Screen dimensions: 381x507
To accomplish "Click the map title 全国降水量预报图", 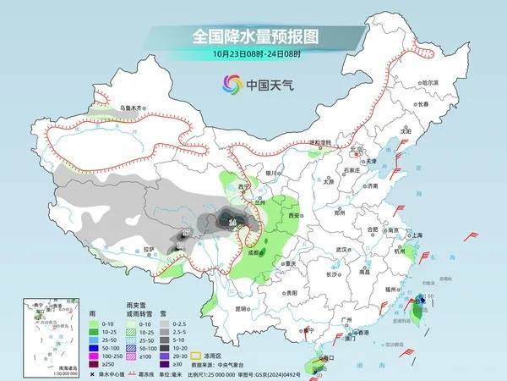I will pyautogui.click(x=253, y=37).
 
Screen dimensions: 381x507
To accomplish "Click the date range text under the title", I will pyautogui.click(x=253, y=53).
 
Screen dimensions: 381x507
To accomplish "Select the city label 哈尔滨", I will pyautogui.click(x=431, y=82).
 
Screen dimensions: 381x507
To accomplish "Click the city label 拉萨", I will pyautogui.click(x=149, y=249).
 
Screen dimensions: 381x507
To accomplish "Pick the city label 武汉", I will pyautogui.click(x=341, y=250).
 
